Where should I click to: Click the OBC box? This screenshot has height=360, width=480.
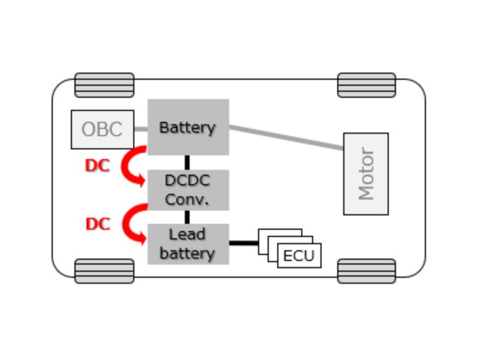click(x=102, y=129)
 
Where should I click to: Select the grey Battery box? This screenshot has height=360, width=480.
click(x=188, y=127)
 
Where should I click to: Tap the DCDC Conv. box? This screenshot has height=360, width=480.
click(x=188, y=190)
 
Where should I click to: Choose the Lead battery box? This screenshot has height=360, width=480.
click(x=188, y=244)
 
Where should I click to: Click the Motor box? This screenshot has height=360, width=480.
click(x=366, y=173)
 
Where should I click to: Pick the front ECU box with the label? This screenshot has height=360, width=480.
click(x=299, y=256)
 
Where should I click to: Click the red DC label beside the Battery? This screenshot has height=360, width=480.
click(x=97, y=166)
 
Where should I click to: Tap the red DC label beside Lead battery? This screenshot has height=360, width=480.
click(x=98, y=224)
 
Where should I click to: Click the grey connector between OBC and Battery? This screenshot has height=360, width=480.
click(x=140, y=128)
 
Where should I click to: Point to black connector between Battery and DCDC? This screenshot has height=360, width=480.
click(x=187, y=162)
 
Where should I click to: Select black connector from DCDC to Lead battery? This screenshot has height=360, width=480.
click(x=187, y=217)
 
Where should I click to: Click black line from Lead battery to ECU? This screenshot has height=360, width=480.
click(x=243, y=243)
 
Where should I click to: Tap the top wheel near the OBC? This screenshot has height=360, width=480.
click(x=104, y=85)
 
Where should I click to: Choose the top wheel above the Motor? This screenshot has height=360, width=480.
click(x=367, y=85)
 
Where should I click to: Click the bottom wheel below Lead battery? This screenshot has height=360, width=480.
click(x=104, y=271)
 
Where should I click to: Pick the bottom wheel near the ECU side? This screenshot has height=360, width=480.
click(x=367, y=271)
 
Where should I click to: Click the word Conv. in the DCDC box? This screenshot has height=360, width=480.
click(x=187, y=200)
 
